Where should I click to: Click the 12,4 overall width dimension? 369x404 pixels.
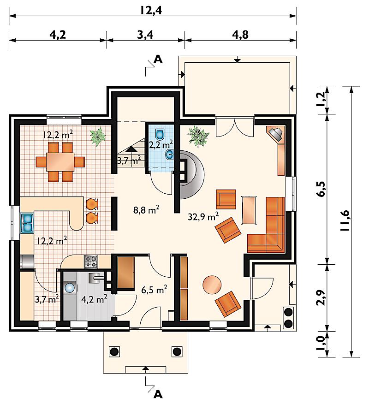(151, 10)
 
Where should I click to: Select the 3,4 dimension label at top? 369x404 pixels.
(145, 35)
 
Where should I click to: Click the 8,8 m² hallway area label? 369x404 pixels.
(146, 210)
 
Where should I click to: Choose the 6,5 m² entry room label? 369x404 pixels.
(154, 290)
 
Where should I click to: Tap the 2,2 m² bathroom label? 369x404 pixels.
(161, 144)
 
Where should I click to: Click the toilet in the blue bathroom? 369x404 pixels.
(160, 134)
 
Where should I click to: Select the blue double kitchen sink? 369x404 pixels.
(28, 223)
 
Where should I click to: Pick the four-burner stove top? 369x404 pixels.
(91, 261)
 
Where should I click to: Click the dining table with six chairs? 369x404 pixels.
(60, 161)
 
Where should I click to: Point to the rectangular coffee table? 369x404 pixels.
(249, 210)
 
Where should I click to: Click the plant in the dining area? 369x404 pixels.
(98, 137)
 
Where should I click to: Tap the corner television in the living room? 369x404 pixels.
(276, 133)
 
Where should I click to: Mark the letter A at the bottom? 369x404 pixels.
(158, 394)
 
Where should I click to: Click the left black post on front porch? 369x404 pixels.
(114, 351)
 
